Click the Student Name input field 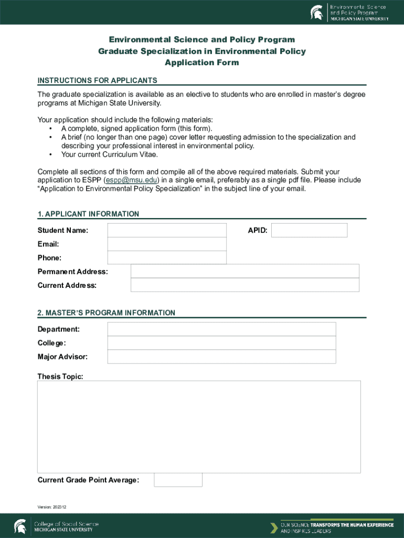[167, 230]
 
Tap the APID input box [309, 230]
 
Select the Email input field [167, 244]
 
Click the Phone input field [167, 257]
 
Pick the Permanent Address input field [244, 271]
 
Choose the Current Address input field [244, 285]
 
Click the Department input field [221, 329]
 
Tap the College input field [221, 343]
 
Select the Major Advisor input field [221, 356]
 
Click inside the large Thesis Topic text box [199, 427]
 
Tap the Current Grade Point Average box [178, 480]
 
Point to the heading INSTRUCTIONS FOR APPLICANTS [97, 80]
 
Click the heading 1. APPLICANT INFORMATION [88, 214]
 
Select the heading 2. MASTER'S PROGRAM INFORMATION [106, 313]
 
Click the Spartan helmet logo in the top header [317, 12]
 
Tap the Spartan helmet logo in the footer [20, 526]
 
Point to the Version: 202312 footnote [52, 507]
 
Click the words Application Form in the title [201, 63]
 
